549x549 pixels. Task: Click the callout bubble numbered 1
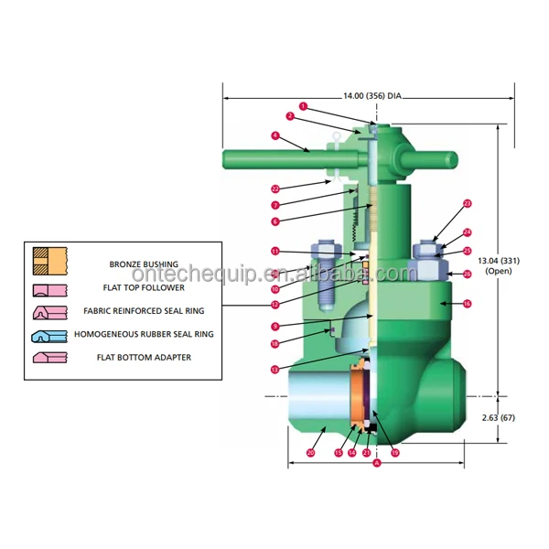(303, 106)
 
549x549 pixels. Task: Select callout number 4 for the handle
(274, 135)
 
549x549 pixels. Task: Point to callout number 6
(274, 221)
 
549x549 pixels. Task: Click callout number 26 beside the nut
(467, 274)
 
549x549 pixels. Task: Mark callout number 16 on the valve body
(467, 303)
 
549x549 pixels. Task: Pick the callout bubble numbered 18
(274, 344)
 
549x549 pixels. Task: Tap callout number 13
(274, 369)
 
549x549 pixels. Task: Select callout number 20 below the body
(310, 452)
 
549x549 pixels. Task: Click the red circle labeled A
(377, 463)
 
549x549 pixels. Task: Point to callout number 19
(395, 452)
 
